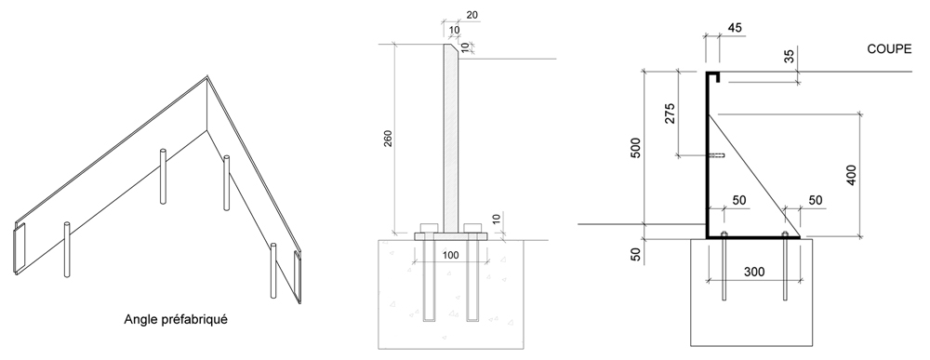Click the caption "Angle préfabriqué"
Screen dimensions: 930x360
click(176, 319)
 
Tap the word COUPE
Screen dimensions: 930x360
click(889, 49)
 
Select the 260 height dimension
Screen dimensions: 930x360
click(388, 138)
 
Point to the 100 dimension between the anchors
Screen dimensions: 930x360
click(451, 255)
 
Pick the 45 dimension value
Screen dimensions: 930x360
click(735, 28)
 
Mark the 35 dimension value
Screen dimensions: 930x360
click(789, 57)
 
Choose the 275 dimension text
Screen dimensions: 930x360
click(670, 113)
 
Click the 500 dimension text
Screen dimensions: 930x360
click(635, 148)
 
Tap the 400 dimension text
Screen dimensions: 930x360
click(851, 175)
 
